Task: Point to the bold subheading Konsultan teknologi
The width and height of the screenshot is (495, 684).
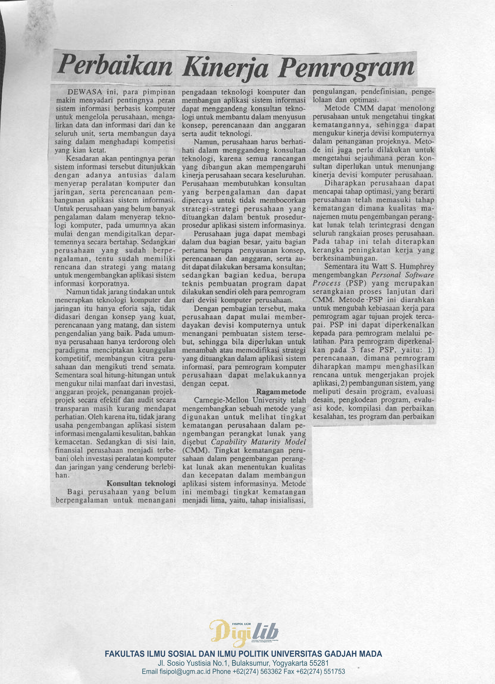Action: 141,483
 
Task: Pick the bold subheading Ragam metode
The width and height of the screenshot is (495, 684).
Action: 281,392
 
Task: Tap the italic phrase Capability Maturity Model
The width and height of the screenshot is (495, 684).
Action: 258,442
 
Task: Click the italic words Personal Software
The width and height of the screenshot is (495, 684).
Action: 403,275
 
